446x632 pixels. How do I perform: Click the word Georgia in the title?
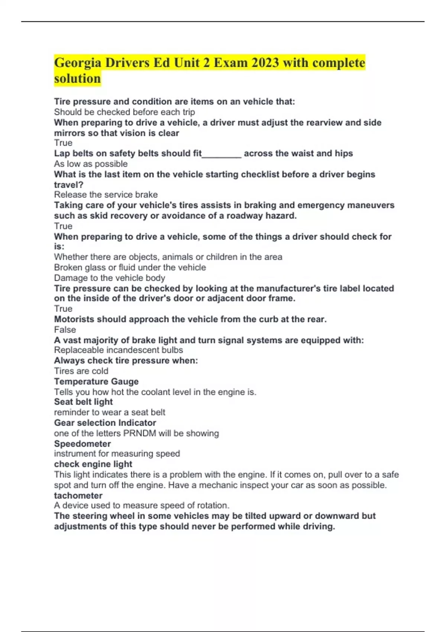point(77,63)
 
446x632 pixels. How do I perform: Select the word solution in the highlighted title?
point(77,79)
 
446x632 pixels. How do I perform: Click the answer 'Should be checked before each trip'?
point(125,112)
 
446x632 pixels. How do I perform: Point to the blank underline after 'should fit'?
point(222,154)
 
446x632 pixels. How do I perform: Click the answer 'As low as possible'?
point(91,164)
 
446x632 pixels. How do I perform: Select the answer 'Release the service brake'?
point(106,194)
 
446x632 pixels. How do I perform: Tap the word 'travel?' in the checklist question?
point(69,184)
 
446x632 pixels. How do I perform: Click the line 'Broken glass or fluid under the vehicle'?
point(130,267)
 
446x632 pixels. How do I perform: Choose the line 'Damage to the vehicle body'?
point(110,278)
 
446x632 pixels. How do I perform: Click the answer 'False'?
point(65,329)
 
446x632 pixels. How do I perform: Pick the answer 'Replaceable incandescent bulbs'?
point(119,350)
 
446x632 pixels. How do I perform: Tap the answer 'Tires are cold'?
point(81,371)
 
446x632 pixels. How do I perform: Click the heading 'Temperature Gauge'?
point(96,381)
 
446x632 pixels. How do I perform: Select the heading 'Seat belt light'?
point(83,402)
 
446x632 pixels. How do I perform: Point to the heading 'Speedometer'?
point(83,444)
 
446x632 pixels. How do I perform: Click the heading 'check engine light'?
point(93,464)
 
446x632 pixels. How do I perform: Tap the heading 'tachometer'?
point(78,495)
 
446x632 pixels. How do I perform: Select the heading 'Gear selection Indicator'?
point(105,423)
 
